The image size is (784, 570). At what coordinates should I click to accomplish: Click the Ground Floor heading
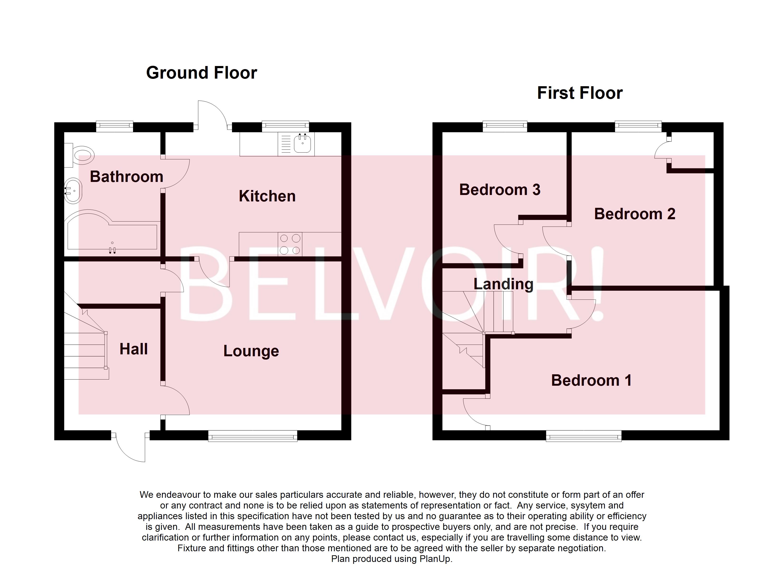point(201,73)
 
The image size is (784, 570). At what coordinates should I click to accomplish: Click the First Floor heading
point(580,93)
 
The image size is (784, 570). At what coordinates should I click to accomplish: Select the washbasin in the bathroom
point(73,191)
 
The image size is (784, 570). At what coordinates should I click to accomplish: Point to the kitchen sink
point(302,144)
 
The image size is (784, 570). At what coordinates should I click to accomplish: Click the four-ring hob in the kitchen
point(290,244)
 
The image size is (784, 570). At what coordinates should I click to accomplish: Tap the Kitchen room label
point(267,196)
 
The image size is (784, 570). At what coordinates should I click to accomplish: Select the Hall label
point(134,349)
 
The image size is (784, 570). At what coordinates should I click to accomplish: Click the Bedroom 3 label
point(500,190)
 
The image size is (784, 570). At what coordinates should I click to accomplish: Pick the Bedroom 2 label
point(635,214)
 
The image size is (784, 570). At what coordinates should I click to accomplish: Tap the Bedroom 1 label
point(591,380)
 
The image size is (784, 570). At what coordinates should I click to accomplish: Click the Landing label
point(503,284)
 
